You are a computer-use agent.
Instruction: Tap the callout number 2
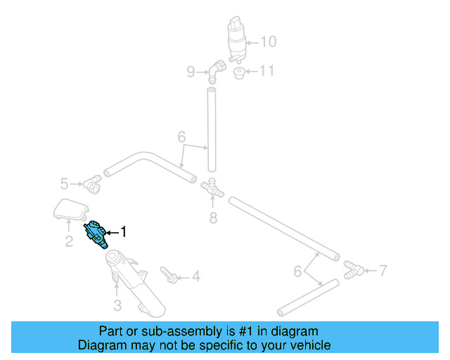coord(69,243)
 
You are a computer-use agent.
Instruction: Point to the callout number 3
coord(117,305)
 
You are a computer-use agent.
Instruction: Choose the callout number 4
coord(195,277)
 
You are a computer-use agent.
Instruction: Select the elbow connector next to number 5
coord(92,185)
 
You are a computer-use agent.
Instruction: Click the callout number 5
coord(64,184)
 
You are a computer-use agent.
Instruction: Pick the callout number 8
coord(213,218)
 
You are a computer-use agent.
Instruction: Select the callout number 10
coord(269,41)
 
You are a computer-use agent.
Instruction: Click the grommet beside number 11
coord(239,73)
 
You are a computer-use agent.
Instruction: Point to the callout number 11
coord(268,71)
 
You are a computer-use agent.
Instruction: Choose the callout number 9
coord(190,71)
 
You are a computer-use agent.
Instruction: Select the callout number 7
coord(382,269)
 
